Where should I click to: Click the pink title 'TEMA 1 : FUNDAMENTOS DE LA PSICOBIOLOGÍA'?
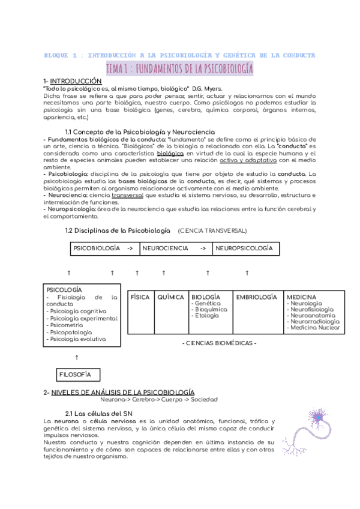[x=179, y=68]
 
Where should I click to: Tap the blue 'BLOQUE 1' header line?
[x=179, y=55]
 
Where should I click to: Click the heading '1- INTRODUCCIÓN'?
[x=73, y=81]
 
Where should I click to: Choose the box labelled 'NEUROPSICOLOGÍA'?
[x=244, y=248]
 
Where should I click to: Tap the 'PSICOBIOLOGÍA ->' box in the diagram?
[x=103, y=248]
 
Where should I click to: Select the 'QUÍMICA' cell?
[x=170, y=297]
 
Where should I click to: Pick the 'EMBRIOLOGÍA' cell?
[x=256, y=297]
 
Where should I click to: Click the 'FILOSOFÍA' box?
[x=76, y=375]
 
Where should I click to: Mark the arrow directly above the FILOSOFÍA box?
[x=76, y=357]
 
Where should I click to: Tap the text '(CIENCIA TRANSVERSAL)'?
[x=212, y=231]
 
